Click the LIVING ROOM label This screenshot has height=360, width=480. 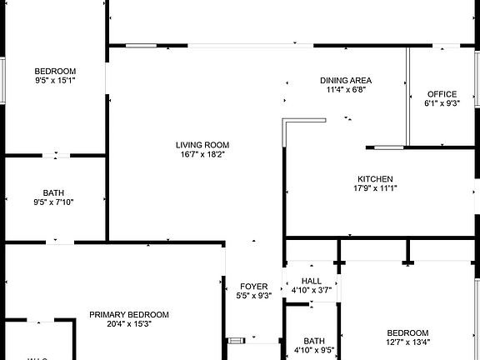point(203,144)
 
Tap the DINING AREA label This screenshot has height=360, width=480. point(346,81)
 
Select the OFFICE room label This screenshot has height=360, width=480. point(442,94)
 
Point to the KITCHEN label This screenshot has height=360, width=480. point(375,179)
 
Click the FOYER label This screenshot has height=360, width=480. point(254,287)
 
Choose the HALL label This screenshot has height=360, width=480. point(312,281)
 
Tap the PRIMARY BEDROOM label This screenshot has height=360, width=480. point(129,315)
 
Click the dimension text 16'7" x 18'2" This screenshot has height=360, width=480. point(203,154)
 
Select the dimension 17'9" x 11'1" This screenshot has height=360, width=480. point(375,188)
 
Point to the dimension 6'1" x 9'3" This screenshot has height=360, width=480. point(442,103)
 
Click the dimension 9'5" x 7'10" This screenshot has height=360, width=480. point(53,202)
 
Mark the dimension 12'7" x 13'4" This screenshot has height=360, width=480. point(407,342)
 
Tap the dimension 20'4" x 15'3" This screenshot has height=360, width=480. point(129,324)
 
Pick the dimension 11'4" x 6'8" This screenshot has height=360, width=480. point(346,90)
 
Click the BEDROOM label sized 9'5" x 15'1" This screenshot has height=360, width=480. point(55,71)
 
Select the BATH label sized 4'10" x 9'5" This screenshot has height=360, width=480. point(314,341)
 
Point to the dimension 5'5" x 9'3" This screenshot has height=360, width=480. point(254,296)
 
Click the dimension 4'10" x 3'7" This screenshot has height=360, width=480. point(312,290)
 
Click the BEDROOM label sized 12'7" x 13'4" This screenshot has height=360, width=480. point(407,332)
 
